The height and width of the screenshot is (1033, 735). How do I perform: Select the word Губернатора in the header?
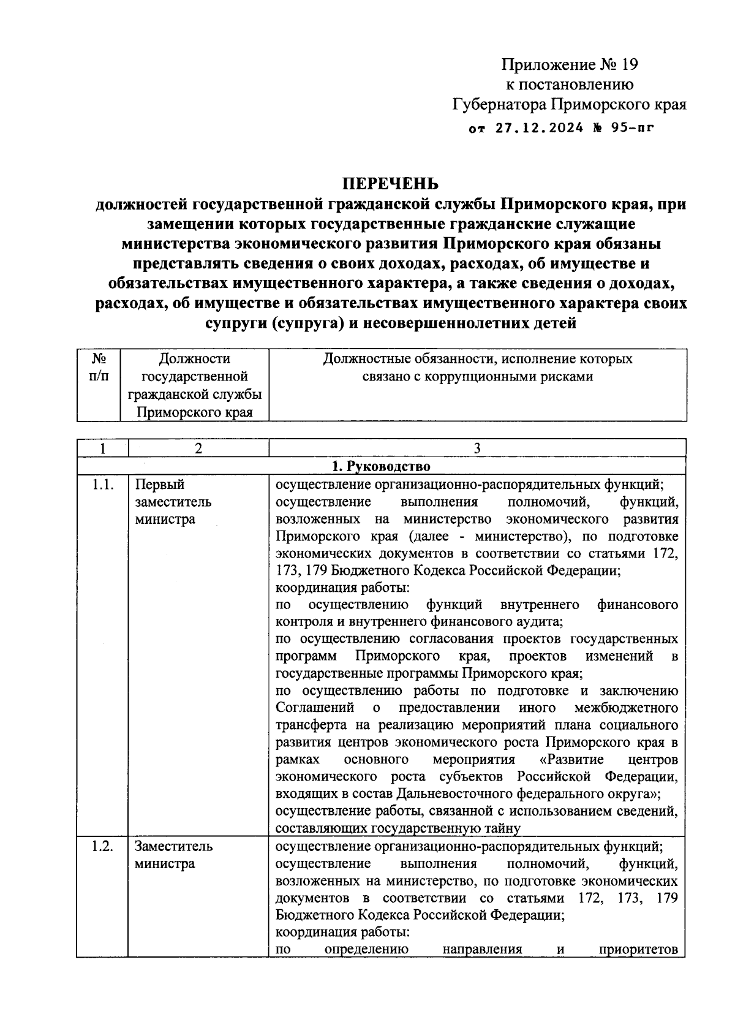(499, 104)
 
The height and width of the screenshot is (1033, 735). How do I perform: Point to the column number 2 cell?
(198, 448)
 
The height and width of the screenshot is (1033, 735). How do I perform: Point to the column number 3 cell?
(477, 448)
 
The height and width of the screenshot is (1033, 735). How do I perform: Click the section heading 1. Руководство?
(381, 466)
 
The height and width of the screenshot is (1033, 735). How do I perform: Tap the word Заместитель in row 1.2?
(174, 846)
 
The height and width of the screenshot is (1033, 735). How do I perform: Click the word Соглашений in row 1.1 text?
(315, 708)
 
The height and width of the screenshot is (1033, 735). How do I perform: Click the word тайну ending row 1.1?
(503, 829)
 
